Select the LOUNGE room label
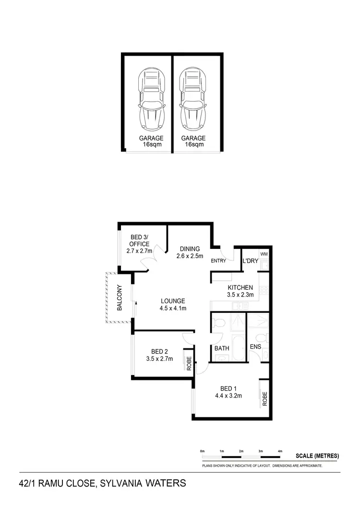pyautogui.click(x=173, y=301)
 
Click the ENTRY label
pyautogui.click(x=218, y=261)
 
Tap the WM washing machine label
pyautogui.click(x=264, y=254)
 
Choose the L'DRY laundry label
pyautogui.click(x=250, y=261)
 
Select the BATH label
pyautogui.click(x=222, y=348)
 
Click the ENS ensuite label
pyautogui.click(x=255, y=347)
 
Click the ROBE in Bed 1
pyautogui.click(x=264, y=398)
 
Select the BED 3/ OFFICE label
pyautogui.click(x=140, y=240)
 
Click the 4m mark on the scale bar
pyautogui.click(x=280, y=452)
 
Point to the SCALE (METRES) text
pyautogui.click(x=317, y=456)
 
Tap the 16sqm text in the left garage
pyautogui.click(x=151, y=144)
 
